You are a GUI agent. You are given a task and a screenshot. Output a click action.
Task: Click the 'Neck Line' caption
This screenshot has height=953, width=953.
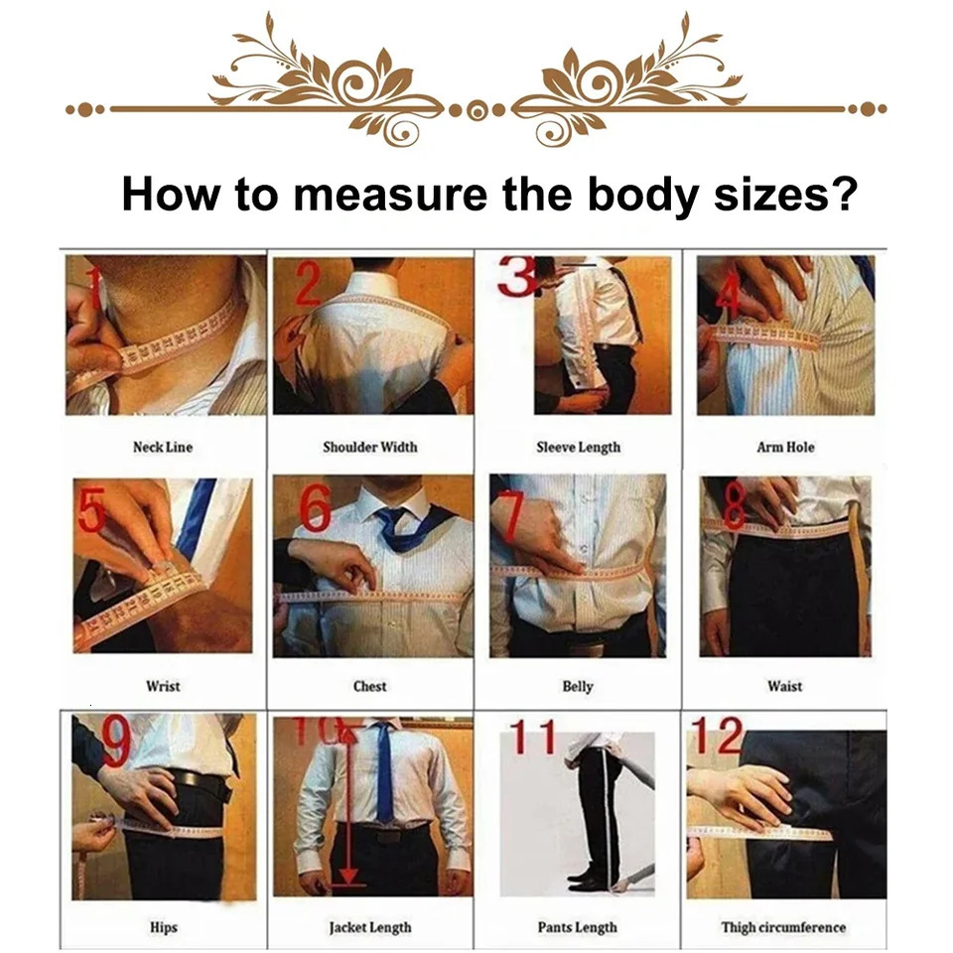(163, 447)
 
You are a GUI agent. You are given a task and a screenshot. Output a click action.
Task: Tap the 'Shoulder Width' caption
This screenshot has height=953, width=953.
(369, 447)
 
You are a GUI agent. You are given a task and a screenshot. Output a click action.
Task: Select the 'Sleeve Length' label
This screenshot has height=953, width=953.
(578, 447)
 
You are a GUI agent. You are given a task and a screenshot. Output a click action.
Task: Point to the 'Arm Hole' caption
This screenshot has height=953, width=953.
(785, 447)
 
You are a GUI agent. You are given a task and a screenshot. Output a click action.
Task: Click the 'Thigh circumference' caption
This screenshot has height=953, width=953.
(783, 927)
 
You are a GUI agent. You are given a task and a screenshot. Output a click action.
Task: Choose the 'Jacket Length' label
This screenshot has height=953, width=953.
(369, 927)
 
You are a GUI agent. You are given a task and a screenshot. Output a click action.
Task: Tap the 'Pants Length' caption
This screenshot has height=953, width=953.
(577, 927)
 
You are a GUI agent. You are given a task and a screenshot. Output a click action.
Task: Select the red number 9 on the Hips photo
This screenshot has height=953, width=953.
(116, 743)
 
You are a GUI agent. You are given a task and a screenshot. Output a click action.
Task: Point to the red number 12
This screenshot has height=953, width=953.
(717, 737)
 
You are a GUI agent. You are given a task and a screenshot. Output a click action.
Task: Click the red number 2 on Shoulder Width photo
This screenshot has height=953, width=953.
(308, 285)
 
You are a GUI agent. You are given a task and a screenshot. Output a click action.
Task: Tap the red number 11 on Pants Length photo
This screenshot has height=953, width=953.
(533, 739)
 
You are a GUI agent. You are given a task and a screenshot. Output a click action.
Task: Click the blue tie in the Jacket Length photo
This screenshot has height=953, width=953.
(383, 774)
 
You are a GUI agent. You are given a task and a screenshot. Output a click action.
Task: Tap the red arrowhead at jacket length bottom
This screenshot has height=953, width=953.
(347, 876)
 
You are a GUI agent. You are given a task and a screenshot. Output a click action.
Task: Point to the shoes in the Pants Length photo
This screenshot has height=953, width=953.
(592, 881)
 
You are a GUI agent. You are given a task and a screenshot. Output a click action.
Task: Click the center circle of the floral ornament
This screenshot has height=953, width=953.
(476, 109)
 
